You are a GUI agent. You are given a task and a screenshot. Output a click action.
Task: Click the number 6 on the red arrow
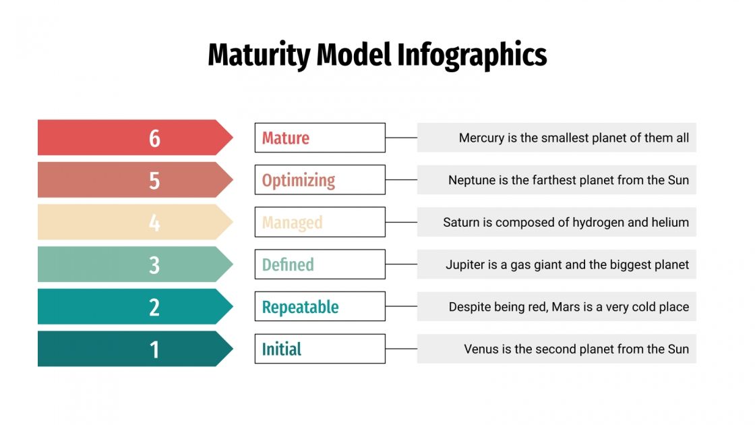[x=154, y=138]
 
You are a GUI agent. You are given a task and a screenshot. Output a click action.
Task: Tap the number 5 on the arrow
[x=154, y=180]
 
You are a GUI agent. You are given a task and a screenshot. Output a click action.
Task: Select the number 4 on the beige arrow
[x=154, y=223]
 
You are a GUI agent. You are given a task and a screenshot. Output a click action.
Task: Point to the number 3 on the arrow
[x=154, y=264]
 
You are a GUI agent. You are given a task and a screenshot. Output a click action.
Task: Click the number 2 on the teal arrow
[x=154, y=307]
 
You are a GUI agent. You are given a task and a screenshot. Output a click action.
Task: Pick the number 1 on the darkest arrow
[x=154, y=349]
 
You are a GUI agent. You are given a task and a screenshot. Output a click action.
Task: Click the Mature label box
[x=320, y=138]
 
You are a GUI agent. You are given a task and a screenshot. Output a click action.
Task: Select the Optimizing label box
[x=320, y=180]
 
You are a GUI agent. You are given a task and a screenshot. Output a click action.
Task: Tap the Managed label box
[x=320, y=222]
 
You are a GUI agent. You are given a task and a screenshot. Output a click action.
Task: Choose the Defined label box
[x=320, y=264]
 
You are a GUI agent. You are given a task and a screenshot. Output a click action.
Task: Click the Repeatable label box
[x=320, y=307]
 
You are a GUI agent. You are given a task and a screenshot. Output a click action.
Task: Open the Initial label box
[x=320, y=349]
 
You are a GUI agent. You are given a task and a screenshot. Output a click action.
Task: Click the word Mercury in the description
[x=481, y=138]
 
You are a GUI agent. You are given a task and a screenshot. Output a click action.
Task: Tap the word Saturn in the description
[x=461, y=223]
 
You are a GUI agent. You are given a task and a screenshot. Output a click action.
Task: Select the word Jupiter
[x=464, y=264]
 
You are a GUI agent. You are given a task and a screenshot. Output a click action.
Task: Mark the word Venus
[x=481, y=349]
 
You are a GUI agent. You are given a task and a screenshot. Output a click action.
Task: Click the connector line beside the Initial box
[x=401, y=349]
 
